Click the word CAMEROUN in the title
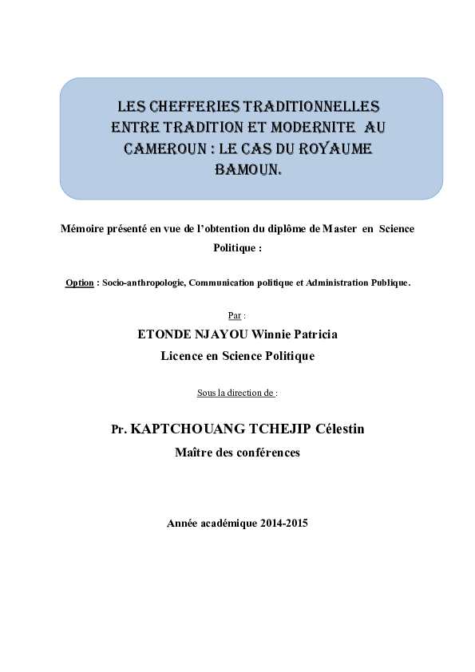pos(159,149)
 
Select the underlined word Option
pos(79,283)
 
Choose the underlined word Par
pos(234,315)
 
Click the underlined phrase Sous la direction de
pos(236,393)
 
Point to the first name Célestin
pos(337,429)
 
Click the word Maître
pos(194,453)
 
